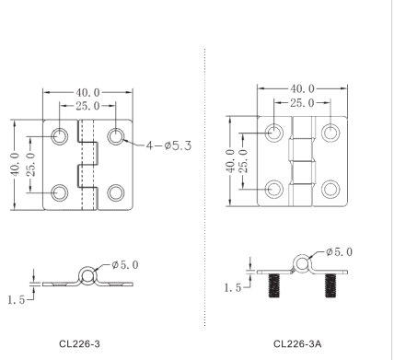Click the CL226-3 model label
(79, 343)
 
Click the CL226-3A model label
(297, 343)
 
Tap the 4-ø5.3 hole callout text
(168, 145)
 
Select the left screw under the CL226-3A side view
(274, 285)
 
